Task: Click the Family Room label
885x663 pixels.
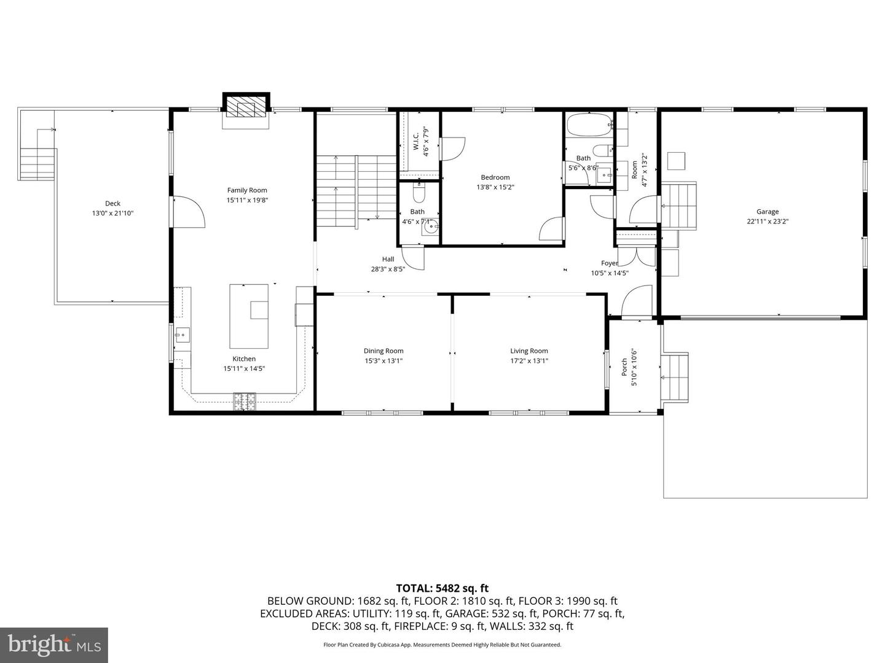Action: click(247, 190)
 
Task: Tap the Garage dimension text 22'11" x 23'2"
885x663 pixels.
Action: click(767, 222)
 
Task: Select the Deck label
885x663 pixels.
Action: click(112, 203)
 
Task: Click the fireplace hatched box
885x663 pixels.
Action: click(246, 109)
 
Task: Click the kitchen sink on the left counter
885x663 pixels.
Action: click(182, 335)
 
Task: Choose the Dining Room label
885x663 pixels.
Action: click(383, 351)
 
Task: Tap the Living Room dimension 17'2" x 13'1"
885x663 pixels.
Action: click(529, 361)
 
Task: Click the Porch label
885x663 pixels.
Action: click(624, 367)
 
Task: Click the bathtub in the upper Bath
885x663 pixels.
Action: click(589, 125)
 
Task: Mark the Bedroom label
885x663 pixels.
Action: click(495, 177)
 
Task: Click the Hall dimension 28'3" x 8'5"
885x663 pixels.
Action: click(388, 268)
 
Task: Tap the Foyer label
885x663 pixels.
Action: click(609, 263)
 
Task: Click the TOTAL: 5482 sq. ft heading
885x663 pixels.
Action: click(442, 588)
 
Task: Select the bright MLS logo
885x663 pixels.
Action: click(54, 645)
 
